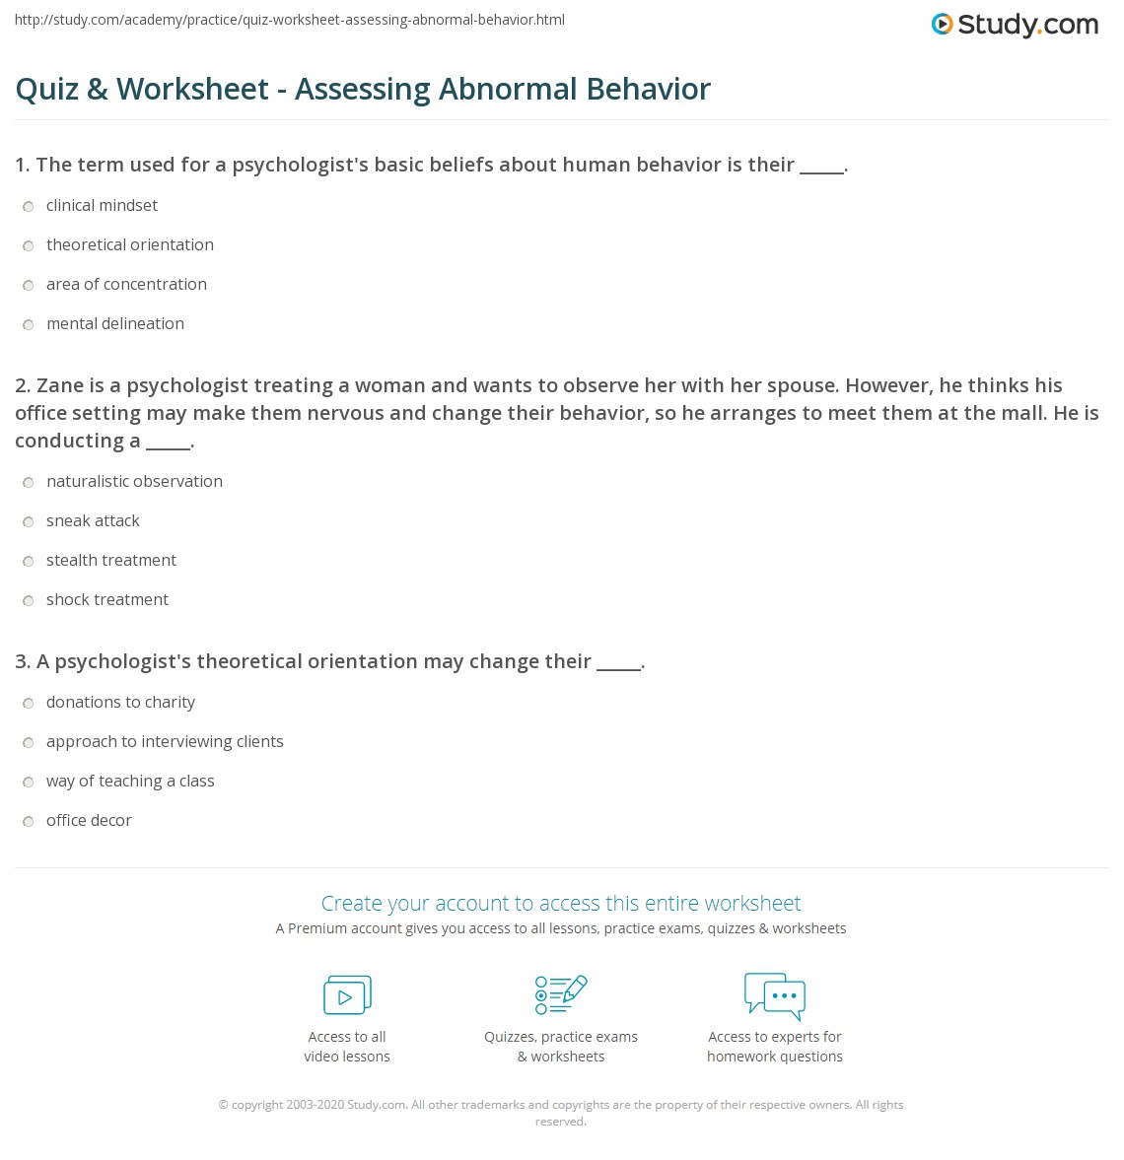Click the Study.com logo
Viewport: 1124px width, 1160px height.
[1015, 25]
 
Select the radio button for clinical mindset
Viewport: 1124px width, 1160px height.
[28, 206]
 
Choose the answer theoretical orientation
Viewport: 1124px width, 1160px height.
[129, 245]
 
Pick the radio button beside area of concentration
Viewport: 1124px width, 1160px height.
[28, 285]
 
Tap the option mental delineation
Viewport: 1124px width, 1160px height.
[114, 324]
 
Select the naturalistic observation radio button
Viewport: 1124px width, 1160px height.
[28, 482]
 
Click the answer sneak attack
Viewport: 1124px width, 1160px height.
[93, 521]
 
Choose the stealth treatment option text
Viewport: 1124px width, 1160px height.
[110, 561]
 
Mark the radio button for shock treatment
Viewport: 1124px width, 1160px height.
[28, 600]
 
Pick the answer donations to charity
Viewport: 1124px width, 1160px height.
[120, 703]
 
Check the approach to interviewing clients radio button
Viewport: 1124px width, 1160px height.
[28, 742]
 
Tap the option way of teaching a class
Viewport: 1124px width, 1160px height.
[129, 782]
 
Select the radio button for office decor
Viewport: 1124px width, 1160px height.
[28, 821]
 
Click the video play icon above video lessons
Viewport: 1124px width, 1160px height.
[347, 995]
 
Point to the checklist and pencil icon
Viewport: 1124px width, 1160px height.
[561, 994]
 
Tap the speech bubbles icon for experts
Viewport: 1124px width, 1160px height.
[775, 994]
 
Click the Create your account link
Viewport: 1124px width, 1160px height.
[560, 903]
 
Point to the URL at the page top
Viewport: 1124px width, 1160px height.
[290, 20]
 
